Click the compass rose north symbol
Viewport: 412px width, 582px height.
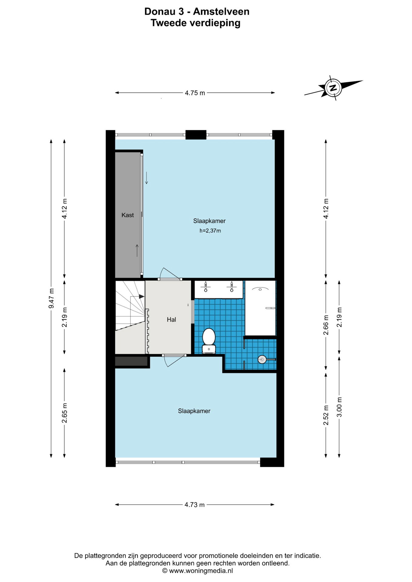(x=333, y=88)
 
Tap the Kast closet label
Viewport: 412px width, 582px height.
(x=127, y=215)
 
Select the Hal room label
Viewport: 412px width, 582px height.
(x=171, y=319)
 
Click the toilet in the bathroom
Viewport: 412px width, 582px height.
(x=209, y=341)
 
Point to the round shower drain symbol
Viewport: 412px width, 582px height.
(x=262, y=360)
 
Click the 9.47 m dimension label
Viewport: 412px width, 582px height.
(x=51, y=299)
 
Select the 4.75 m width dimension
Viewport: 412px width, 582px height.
(x=195, y=93)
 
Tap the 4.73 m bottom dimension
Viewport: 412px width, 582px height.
(x=194, y=505)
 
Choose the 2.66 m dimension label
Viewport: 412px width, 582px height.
(x=326, y=325)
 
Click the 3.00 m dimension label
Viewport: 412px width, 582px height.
(x=339, y=407)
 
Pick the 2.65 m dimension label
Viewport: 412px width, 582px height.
(x=64, y=413)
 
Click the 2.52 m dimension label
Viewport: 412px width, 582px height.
(x=326, y=415)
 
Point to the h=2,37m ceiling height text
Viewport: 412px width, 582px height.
(x=210, y=231)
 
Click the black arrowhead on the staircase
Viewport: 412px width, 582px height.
(x=141, y=296)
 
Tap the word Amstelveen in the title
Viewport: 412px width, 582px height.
(x=221, y=12)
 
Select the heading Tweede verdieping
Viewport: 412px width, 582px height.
(x=195, y=23)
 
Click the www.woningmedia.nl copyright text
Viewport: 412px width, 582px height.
(x=198, y=571)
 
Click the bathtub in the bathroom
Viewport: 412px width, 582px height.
(x=260, y=308)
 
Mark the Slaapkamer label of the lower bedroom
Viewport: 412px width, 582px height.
(x=194, y=411)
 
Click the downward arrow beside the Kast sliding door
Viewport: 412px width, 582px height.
(x=147, y=178)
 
